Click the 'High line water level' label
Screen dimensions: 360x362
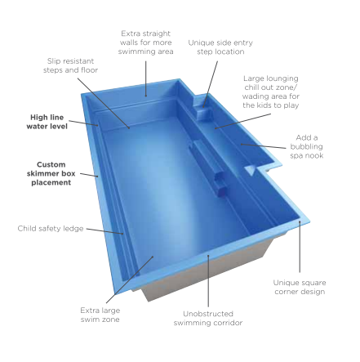47,122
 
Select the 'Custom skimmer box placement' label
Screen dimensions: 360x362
51,173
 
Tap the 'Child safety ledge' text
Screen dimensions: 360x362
51,228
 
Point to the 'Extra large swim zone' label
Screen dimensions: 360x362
100,315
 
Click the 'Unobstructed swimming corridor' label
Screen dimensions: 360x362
208,318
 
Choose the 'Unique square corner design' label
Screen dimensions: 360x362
300,287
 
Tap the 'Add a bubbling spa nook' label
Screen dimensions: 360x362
307,146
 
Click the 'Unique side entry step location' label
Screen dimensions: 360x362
220,47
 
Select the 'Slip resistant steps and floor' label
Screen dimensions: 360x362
70,65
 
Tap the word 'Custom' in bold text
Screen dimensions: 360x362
51,164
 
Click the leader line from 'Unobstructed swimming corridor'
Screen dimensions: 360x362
208,281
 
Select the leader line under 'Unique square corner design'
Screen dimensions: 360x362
300,247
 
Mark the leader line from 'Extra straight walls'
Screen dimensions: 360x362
146,78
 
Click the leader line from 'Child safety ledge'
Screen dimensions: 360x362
104,231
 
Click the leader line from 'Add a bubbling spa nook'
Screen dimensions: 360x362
264,146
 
